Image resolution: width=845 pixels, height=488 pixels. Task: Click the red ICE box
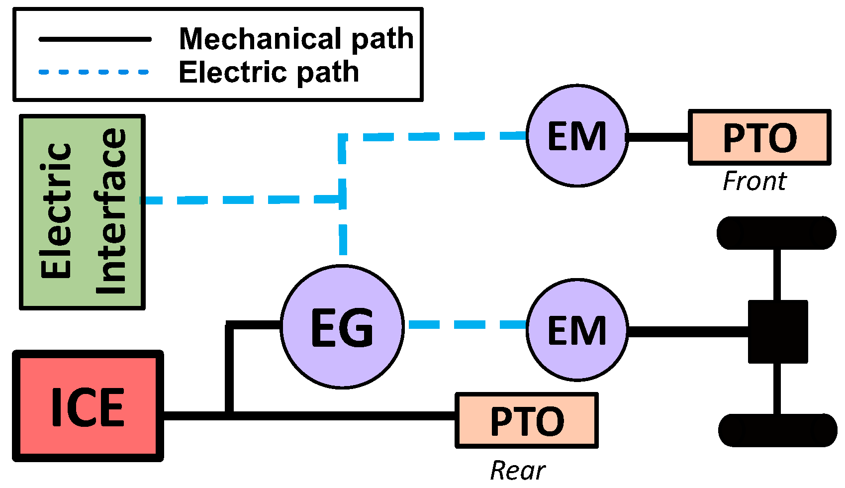(88, 406)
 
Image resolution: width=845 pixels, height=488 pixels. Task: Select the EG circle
(342, 326)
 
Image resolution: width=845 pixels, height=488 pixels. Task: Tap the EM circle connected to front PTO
(577, 136)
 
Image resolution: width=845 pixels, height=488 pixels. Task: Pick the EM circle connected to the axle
(577, 330)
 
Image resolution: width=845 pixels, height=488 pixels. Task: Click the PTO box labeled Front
(759, 137)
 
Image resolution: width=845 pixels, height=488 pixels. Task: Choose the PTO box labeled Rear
(527, 420)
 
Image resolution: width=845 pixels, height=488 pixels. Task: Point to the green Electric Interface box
(82, 212)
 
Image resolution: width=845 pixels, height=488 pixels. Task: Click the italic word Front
(754, 181)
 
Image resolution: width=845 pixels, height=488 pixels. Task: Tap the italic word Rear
(517, 470)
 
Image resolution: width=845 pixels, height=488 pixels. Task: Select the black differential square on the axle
(778, 331)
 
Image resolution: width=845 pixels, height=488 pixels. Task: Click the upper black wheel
(776, 233)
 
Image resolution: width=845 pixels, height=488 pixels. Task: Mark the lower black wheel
(777, 430)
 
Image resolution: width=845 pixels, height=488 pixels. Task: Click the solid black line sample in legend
(95, 39)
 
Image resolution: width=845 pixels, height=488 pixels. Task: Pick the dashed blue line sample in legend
(94, 72)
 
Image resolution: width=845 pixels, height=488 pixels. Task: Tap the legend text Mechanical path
(296, 39)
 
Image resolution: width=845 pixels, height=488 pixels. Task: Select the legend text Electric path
(269, 72)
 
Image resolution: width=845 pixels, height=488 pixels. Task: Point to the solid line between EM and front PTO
(658, 137)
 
